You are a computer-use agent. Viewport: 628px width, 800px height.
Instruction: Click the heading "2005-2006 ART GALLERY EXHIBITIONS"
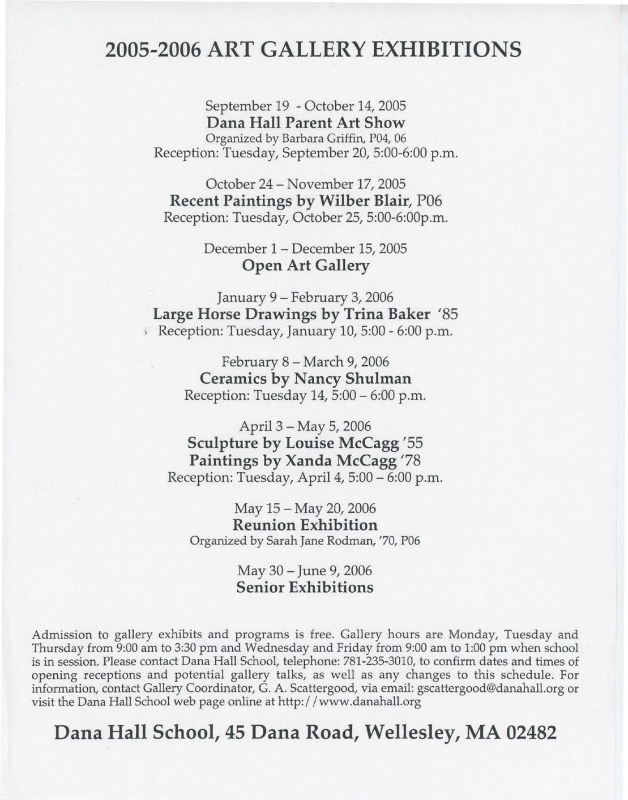pos(313,50)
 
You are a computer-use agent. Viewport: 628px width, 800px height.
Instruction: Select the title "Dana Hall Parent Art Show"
pos(306,123)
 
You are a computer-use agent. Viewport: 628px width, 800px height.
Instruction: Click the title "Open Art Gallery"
pos(305,266)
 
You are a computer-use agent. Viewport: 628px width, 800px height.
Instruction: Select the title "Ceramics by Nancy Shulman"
pos(306,378)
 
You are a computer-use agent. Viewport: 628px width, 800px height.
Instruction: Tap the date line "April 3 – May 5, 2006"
pos(305,426)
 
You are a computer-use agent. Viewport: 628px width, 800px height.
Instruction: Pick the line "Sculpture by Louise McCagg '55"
pos(305,442)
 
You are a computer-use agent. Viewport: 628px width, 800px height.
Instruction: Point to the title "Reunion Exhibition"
pos(305,525)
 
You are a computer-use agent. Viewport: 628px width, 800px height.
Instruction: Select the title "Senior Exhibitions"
pos(305,587)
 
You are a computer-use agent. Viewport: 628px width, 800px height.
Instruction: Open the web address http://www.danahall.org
pos(350,703)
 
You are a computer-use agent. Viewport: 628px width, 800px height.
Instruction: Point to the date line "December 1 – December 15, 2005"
pos(305,249)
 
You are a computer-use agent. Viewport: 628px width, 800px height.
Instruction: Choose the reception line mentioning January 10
pos(305,331)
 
